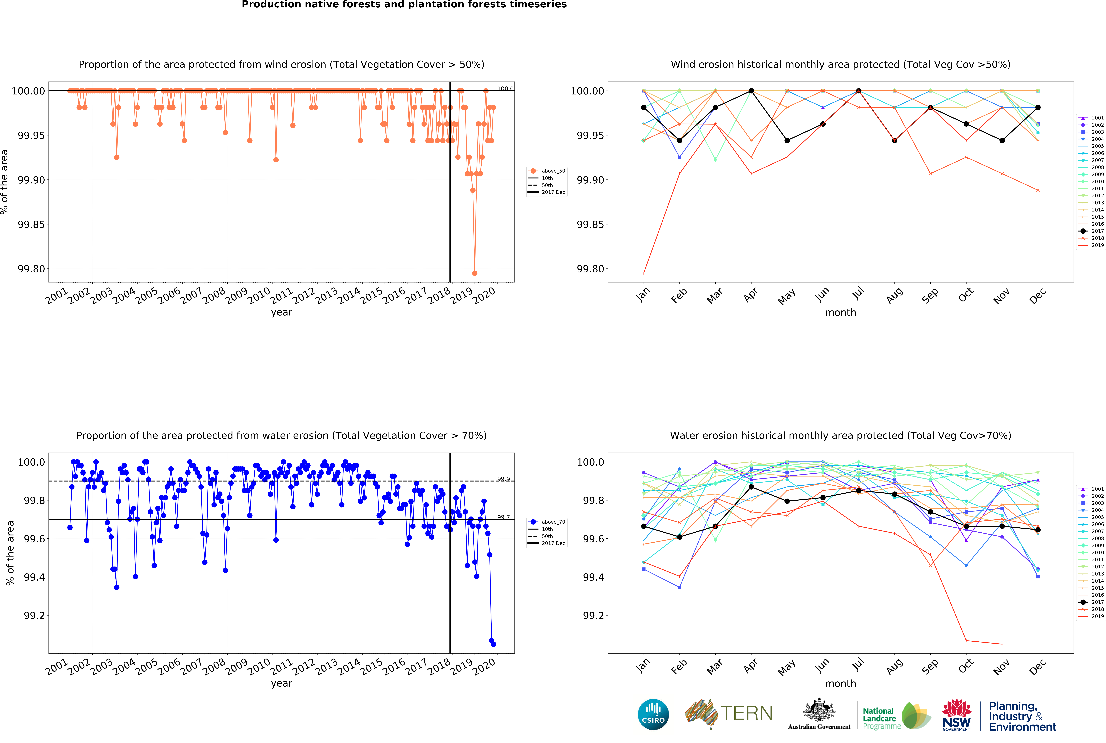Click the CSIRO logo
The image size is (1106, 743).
click(653, 714)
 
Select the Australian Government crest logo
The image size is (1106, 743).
click(819, 713)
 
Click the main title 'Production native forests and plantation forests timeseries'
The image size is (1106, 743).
click(404, 5)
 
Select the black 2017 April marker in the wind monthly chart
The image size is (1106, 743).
click(751, 91)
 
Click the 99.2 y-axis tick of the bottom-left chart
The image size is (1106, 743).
click(34, 616)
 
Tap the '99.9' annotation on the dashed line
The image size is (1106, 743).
click(503, 479)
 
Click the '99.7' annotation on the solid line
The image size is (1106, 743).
click(503, 517)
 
